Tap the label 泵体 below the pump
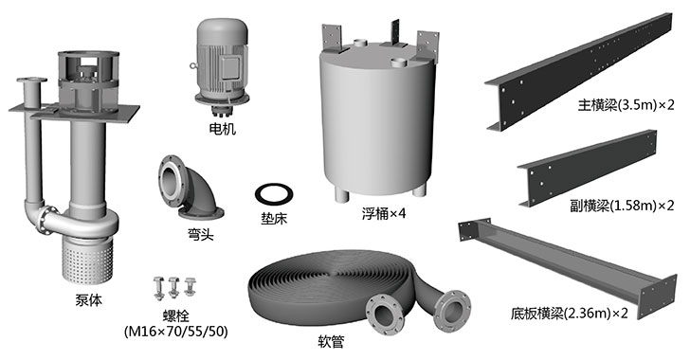(x=87, y=300)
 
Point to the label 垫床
(x=276, y=224)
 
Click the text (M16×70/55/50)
(x=175, y=333)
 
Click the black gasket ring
(x=275, y=194)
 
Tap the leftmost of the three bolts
(x=159, y=286)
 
